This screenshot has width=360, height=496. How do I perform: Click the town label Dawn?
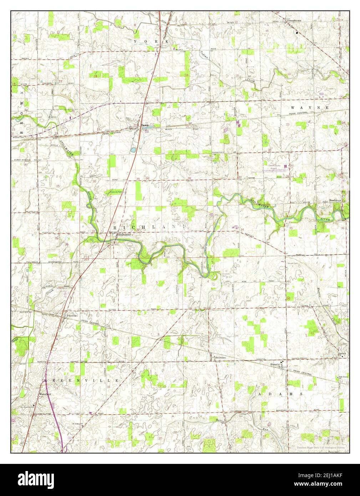(x=144, y=125)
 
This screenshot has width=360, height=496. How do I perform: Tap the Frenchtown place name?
(x=296, y=21)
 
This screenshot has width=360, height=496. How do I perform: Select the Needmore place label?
(x=335, y=201)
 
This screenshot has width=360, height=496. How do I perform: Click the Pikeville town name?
(x=71, y=316)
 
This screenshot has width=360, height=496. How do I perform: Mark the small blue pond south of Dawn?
(x=133, y=150)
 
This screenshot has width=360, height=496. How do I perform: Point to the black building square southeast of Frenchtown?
(x=297, y=33)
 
